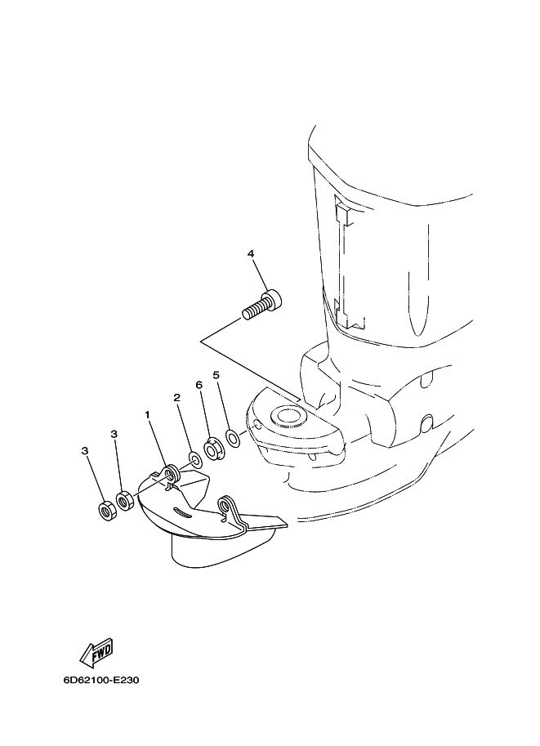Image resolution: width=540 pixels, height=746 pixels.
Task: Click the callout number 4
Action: click(x=250, y=253)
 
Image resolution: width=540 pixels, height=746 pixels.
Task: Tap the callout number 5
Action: click(x=216, y=362)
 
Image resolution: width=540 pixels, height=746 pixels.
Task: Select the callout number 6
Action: click(x=199, y=384)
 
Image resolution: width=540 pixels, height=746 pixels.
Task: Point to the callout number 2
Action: click(x=177, y=398)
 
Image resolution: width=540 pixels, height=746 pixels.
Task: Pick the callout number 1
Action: click(x=148, y=415)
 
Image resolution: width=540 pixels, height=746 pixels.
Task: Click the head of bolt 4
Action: click(x=273, y=299)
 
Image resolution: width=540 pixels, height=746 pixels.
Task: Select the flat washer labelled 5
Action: click(x=233, y=438)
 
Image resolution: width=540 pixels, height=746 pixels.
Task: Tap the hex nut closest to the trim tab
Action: click(x=125, y=502)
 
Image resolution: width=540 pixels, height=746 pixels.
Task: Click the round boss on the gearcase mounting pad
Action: click(x=286, y=415)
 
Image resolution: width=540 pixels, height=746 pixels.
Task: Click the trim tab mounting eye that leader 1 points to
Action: click(x=169, y=473)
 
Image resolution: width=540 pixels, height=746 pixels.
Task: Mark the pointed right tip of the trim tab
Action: click(x=287, y=526)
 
